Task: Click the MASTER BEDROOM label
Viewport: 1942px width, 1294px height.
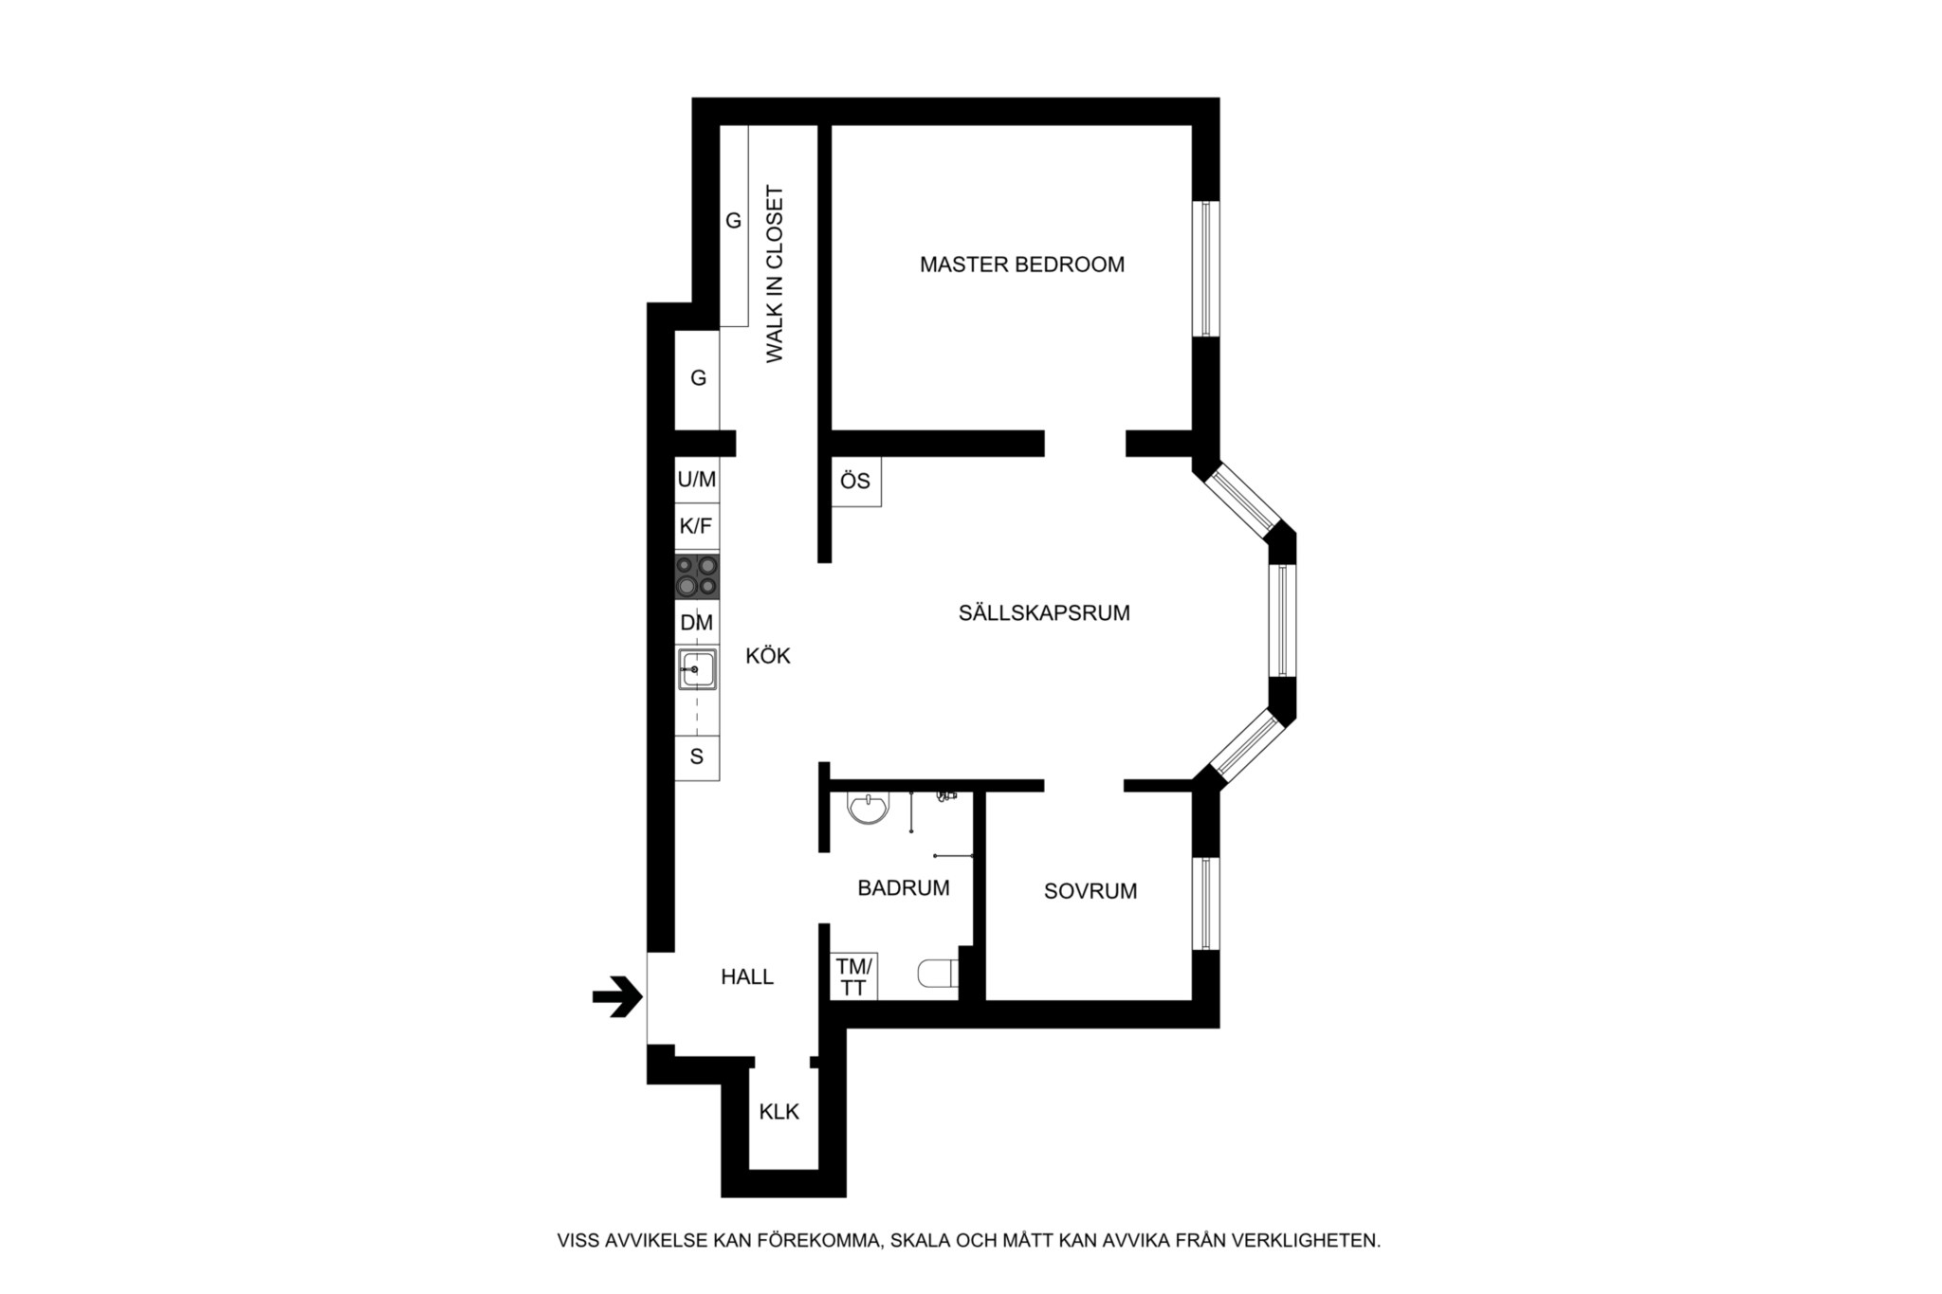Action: tap(1022, 264)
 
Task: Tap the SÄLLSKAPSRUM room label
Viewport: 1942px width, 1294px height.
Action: tap(1044, 612)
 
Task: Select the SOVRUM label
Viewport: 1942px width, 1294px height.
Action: tap(1090, 891)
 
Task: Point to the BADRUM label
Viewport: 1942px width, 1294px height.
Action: tap(904, 888)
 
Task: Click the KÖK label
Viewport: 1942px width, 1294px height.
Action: tap(768, 655)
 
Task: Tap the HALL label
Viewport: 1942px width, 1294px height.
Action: tap(747, 976)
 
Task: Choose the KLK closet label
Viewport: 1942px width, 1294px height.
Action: tap(779, 1112)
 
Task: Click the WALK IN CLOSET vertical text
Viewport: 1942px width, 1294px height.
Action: tap(776, 274)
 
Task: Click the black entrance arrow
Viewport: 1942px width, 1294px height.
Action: tap(617, 996)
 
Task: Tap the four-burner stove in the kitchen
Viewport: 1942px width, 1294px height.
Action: tap(697, 576)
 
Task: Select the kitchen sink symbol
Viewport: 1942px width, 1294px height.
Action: tap(697, 669)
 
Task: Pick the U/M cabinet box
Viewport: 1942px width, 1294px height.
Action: tap(697, 480)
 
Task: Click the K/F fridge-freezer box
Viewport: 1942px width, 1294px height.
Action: tap(697, 527)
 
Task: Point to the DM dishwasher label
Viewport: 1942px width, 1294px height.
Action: tap(697, 623)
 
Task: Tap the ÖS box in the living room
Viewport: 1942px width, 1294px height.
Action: tap(856, 482)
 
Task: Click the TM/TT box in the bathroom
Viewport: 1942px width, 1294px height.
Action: tap(853, 976)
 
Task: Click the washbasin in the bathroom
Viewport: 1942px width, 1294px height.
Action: tap(868, 808)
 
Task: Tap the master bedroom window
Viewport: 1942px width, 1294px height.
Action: tap(1206, 268)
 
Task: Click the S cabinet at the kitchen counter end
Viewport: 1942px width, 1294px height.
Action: tap(697, 757)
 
